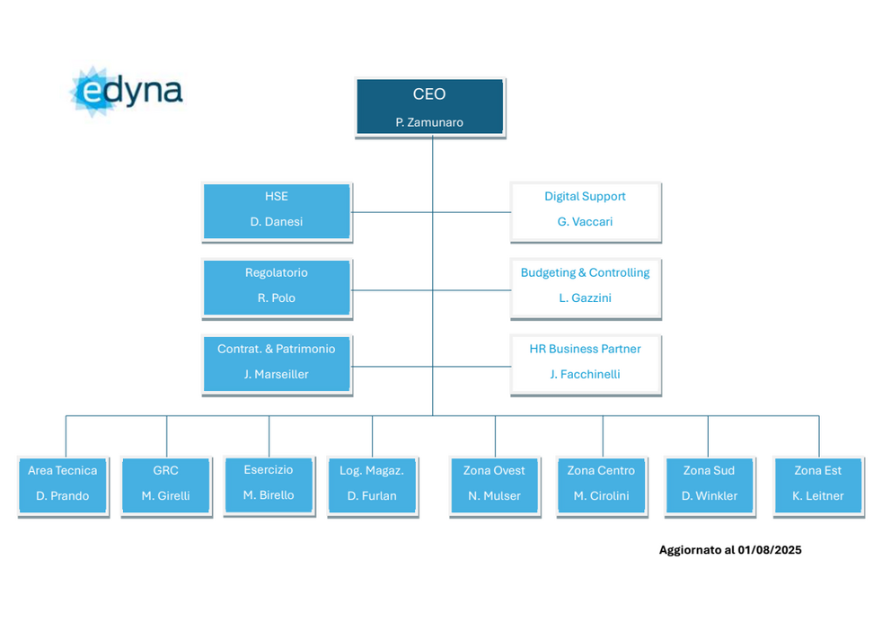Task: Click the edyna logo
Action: pos(126,92)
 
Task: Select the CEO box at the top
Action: pos(430,108)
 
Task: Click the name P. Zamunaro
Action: pos(429,122)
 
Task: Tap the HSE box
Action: pos(277,211)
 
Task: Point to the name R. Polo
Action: pos(276,298)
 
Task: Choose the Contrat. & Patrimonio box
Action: pos(277,364)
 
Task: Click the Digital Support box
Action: pos(586,211)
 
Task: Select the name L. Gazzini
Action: pos(585,298)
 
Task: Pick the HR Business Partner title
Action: pos(585,349)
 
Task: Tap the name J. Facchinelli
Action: pos(585,374)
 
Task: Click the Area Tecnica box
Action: pos(63,486)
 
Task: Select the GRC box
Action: pos(166,486)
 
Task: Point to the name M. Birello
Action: pos(269,495)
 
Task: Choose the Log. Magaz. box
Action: pos(372,486)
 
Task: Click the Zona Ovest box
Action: pos(494,486)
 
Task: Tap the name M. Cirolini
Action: pos(601,495)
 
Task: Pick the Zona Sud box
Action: pos(710,486)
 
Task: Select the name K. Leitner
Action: pos(817,495)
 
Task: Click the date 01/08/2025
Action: pos(770,550)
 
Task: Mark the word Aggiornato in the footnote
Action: pos(689,550)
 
